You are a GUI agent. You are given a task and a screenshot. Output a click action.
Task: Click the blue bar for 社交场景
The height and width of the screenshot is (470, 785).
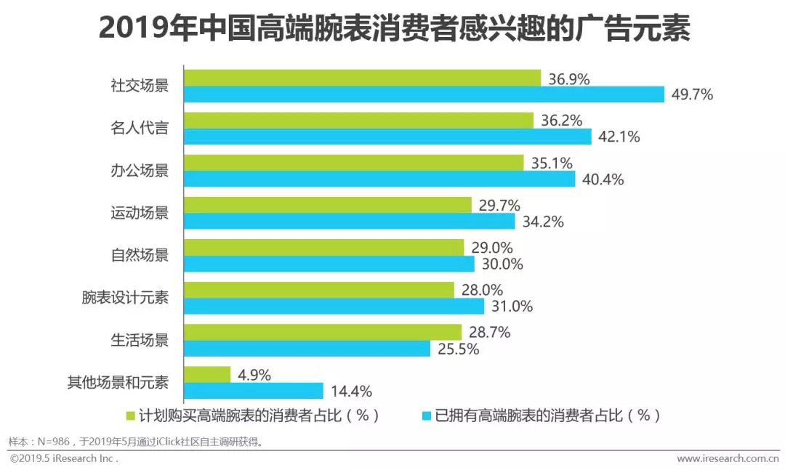(424, 94)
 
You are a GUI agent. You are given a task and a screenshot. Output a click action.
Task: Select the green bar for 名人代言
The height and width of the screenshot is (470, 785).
(358, 120)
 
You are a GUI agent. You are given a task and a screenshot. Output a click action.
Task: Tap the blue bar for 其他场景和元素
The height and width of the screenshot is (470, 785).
(254, 391)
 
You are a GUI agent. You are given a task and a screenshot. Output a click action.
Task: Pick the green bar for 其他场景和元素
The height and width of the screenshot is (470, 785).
(207, 374)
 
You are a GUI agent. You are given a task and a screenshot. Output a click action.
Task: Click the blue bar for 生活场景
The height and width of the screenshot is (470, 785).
(307, 349)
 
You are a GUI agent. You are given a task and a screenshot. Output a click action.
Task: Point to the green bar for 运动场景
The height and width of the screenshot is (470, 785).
(328, 205)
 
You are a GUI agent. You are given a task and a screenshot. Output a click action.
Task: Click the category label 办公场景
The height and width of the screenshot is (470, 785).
(140, 171)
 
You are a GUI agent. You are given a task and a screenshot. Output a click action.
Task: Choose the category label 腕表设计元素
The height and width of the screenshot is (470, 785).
(125, 298)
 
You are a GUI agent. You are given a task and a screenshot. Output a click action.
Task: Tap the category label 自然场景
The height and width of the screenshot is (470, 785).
(140, 256)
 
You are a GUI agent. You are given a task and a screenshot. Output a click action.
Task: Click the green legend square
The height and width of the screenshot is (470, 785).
(131, 416)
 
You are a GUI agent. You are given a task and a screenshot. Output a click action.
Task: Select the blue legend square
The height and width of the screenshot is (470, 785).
(427, 416)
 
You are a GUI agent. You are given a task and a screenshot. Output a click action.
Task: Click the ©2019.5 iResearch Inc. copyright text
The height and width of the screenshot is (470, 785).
(63, 458)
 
